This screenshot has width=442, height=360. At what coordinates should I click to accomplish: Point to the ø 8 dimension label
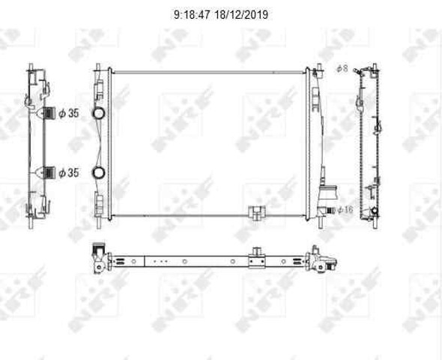tap(341, 69)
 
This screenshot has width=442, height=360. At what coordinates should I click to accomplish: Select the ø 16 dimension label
tap(344, 210)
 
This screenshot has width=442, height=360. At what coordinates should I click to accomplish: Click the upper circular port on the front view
tap(98, 114)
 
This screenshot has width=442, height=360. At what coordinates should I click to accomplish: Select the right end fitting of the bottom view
tap(325, 262)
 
